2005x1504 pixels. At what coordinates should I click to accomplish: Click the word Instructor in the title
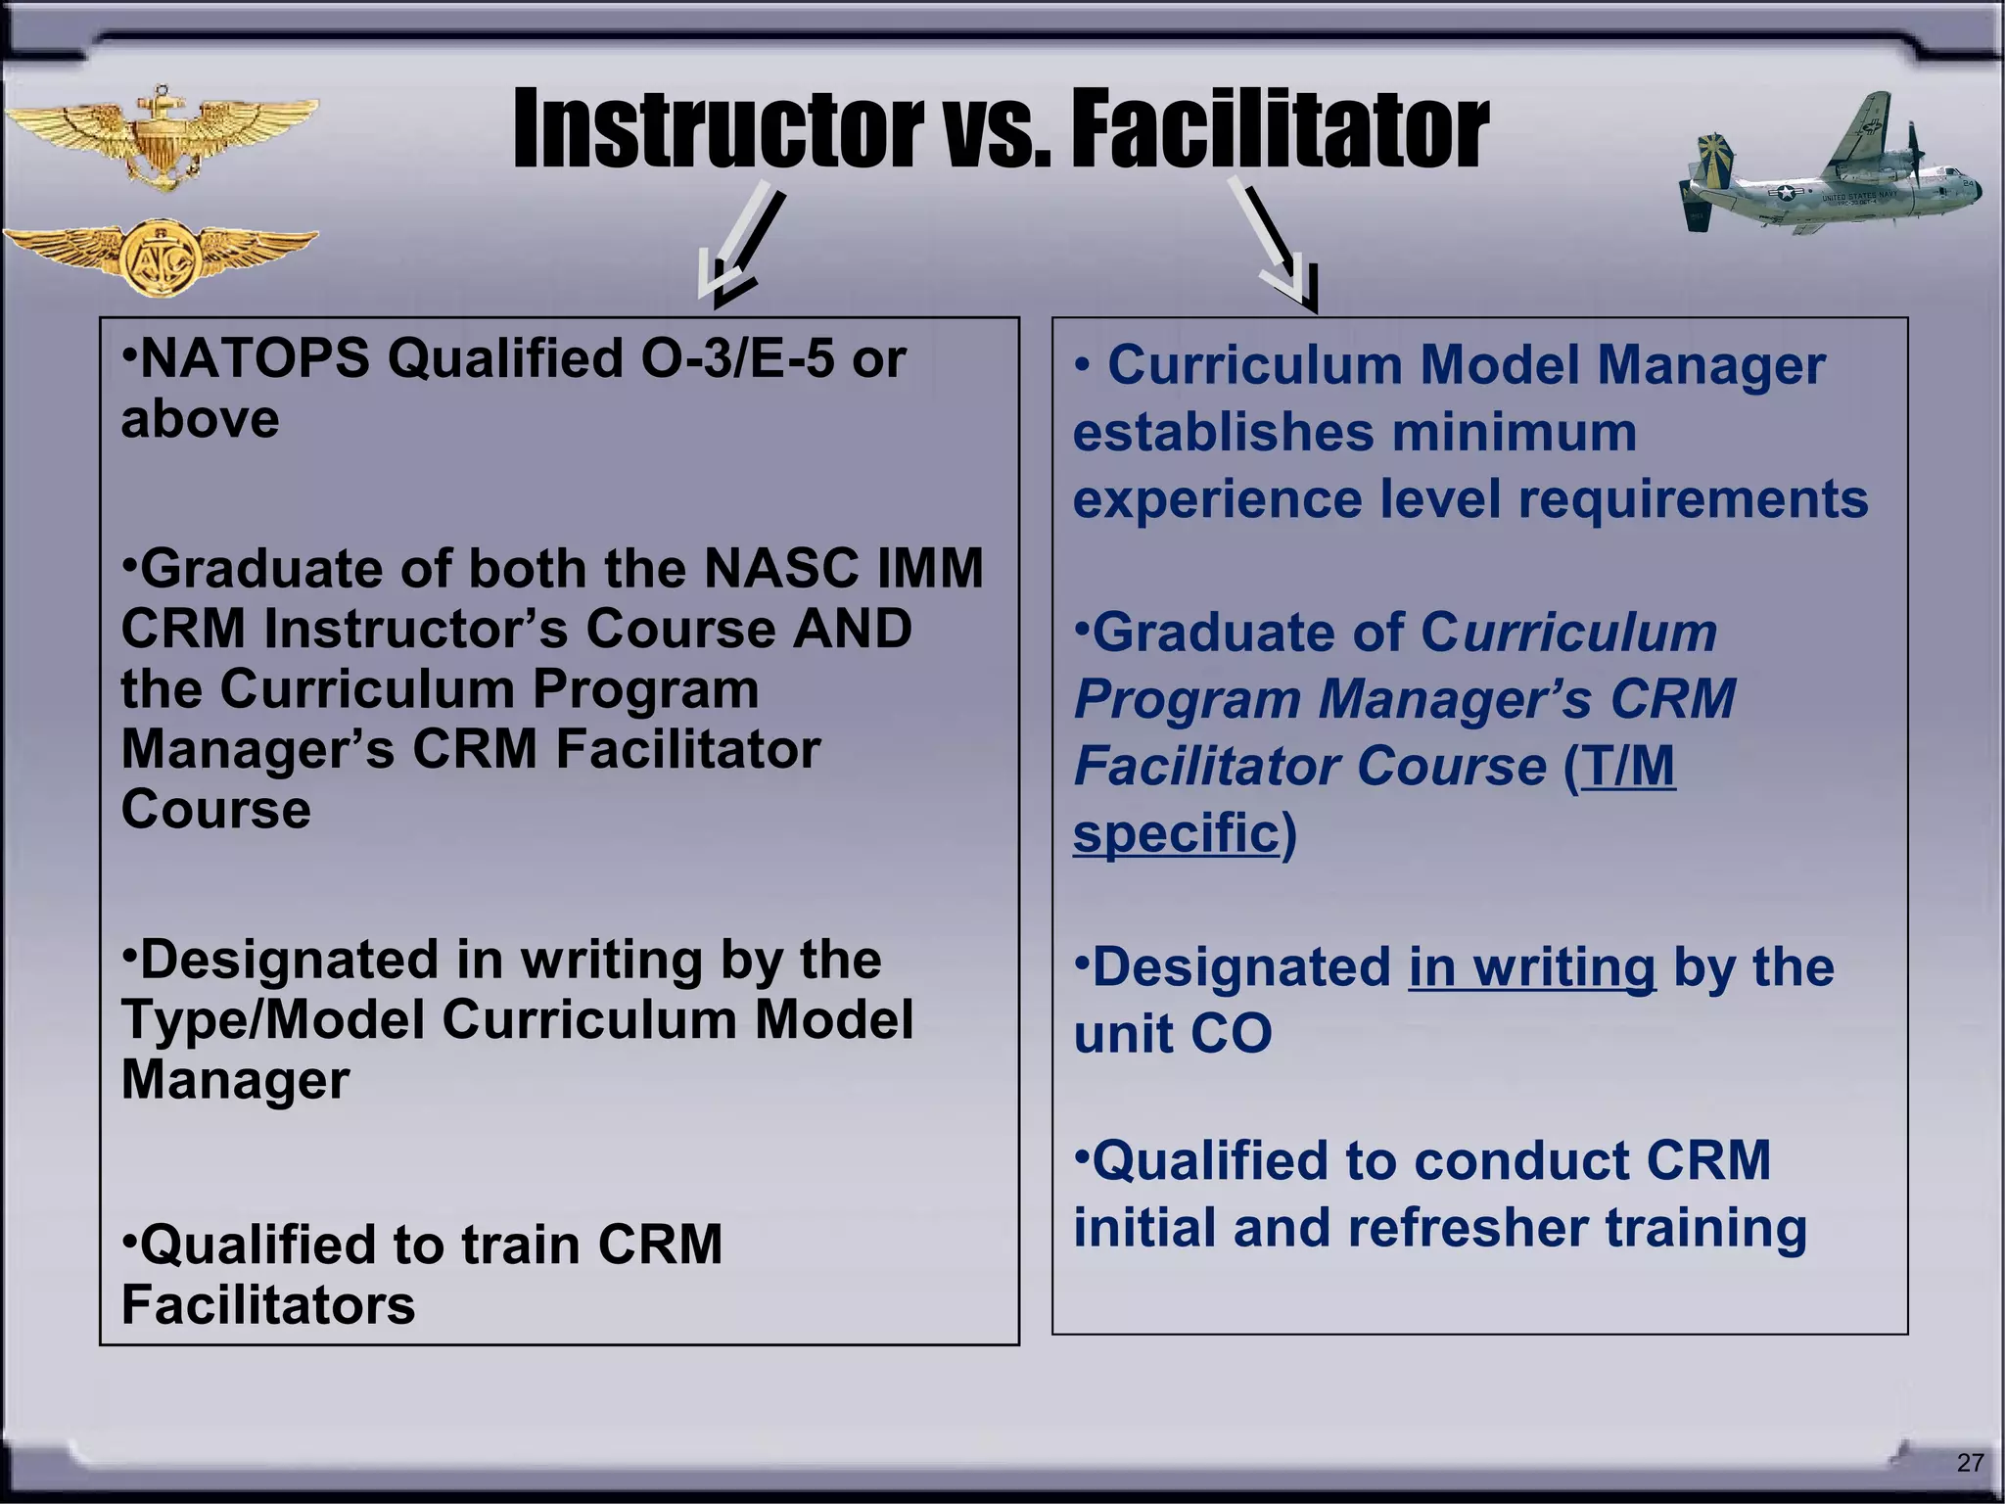tap(718, 129)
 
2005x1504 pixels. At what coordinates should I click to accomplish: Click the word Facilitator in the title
tap(1280, 129)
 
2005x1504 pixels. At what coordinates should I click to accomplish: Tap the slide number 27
tap(1970, 1462)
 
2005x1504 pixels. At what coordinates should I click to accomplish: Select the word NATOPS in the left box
tap(256, 359)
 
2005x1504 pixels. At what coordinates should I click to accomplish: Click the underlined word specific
tap(1176, 833)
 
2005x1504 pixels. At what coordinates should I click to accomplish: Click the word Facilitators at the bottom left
tap(268, 1305)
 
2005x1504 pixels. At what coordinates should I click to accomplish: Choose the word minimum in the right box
tap(1514, 432)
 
